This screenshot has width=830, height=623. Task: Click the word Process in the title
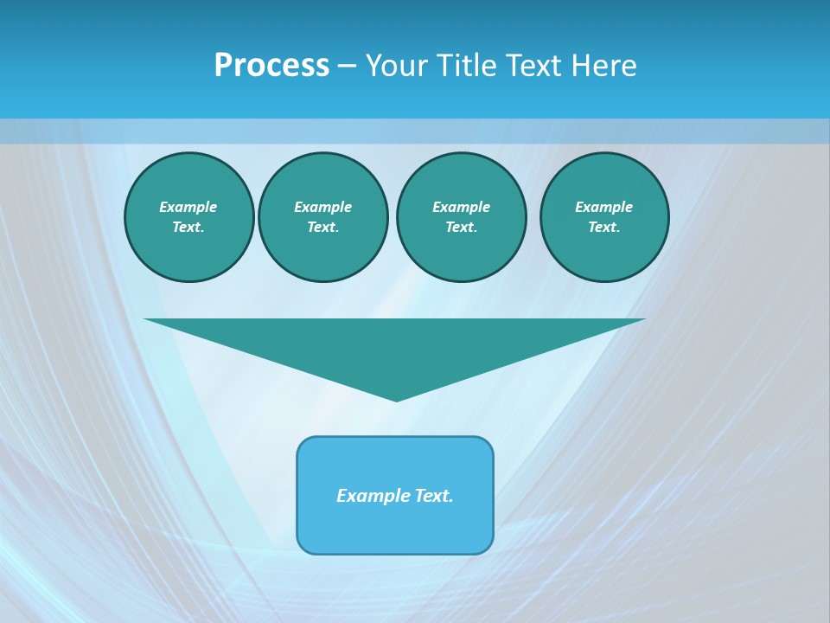pyautogui.click(x=271, y=66)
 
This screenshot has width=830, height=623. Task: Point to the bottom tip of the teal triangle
pyautogui.click(x=396, y=399)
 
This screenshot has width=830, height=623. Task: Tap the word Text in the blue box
pyautogui.click(x=432, y=496)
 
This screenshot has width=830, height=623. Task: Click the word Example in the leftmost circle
pyautogui.click(x=188, y=207)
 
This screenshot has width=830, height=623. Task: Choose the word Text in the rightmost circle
pyautogui.click(x=603, y=227)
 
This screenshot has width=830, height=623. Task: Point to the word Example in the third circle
pyautogui.click(x=461, y=207)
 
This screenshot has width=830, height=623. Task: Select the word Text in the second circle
pyautogui.click(x=322, y=227)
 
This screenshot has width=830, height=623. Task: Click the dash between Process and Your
pyautogui.click(x=347, y=67)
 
